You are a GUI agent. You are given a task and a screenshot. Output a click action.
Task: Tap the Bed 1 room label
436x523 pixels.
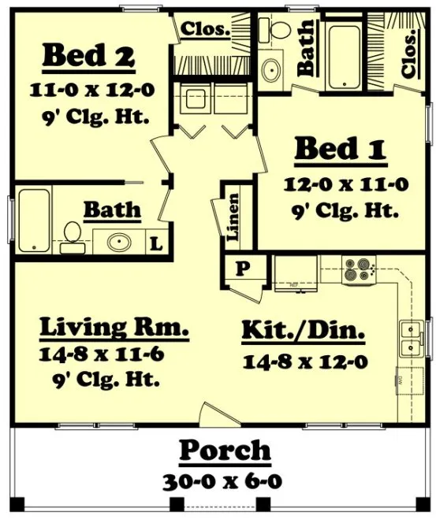pyautogui.click(x=340, y=150)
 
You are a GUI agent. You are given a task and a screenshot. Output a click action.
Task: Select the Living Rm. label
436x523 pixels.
pyautogui.click(x=114, y=326)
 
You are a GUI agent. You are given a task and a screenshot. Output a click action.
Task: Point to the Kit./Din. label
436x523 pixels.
pyautogui.click(x=303, y=332)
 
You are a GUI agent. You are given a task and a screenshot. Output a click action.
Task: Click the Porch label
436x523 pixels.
pyautogui.click(x=225, y=451)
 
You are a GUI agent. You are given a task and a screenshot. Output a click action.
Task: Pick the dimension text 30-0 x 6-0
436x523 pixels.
pyautogui.click(x=225, y=480)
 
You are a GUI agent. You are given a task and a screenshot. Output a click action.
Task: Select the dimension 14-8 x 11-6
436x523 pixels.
pyautogui.click(x=102, y=354)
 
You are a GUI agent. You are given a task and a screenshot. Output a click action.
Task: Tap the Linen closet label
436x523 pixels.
pyautogui.click(x=233, y=216)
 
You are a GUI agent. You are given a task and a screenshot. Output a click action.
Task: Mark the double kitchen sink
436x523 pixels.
pyautogui.click(x=408, y=339)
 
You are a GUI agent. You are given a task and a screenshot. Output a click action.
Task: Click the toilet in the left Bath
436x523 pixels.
pyautogui.click(x=71, y=236)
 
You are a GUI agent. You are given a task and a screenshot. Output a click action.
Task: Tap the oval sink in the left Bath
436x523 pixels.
pyautogui.click(x=121, y=242)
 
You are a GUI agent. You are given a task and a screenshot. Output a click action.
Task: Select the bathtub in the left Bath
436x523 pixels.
pyautogui.click(x=35, y=221)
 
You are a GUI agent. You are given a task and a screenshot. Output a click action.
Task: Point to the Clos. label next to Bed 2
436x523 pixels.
pyautogui.click(x=206, y=30)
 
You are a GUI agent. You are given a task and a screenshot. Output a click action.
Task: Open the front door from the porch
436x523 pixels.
pyautogui.click(x=214, y=416)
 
